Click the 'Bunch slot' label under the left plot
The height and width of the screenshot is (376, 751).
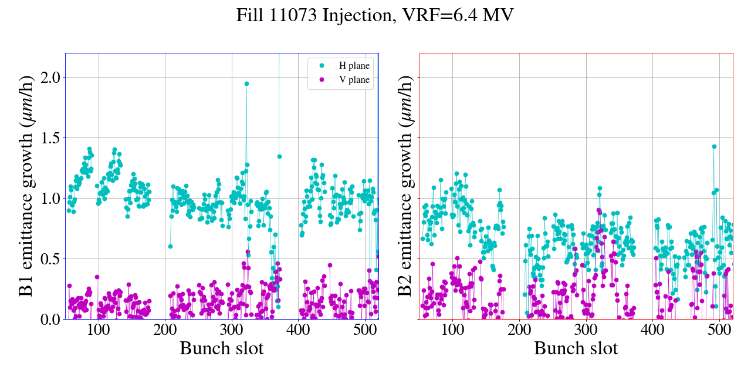click(221, 348)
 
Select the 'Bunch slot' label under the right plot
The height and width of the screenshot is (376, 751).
click(576, 348)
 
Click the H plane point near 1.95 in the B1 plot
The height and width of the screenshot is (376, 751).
click(246, 83)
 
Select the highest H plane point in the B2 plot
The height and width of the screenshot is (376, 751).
click(714, 146)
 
